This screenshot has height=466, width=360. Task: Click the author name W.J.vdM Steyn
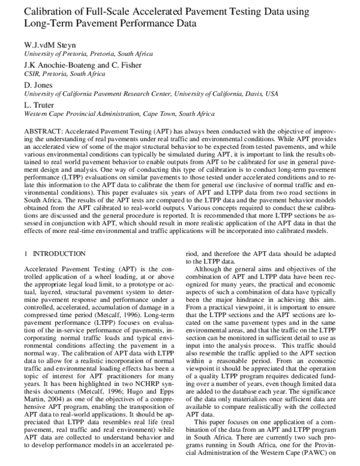(50, 46)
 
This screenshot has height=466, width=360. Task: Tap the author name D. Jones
(35, 85)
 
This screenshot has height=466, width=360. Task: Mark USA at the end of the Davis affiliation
(272, 94)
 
